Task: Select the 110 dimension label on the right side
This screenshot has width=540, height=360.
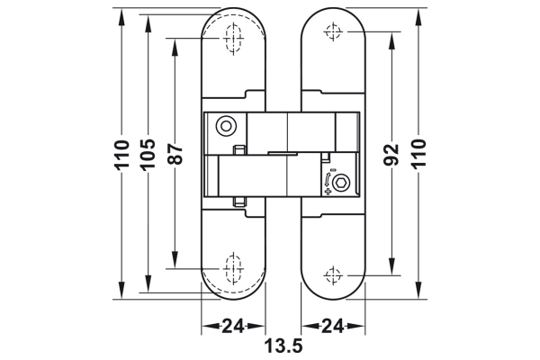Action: click(419, 155)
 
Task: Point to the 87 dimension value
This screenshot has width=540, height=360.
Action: click(175, 155)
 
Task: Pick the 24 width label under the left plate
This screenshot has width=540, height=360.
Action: click(233, 326)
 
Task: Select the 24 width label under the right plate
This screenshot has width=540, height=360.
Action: click(333, 326)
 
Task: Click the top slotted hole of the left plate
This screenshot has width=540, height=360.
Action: click(233, 40)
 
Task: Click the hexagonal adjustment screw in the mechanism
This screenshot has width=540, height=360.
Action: click(341, 184)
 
